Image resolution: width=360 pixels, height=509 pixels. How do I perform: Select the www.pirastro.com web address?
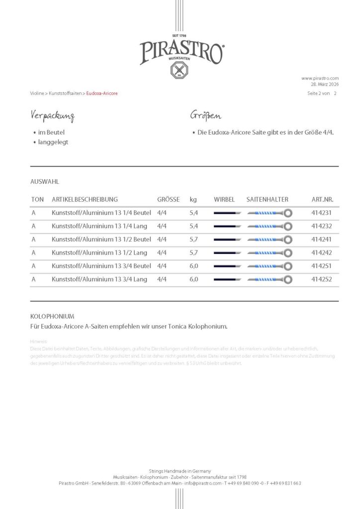[320, 78]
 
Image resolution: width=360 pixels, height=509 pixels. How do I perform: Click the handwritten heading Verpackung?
[52, 117]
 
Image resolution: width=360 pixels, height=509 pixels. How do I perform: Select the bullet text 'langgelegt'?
[53, 142]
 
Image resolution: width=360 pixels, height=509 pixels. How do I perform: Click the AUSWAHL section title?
[45, 182]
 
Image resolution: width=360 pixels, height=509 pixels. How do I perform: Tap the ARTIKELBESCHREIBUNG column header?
[85, 199]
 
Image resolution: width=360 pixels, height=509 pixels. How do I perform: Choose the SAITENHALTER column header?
[267, 199]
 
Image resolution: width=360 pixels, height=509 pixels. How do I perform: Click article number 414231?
[321, 213]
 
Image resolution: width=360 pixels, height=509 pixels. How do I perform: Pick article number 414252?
[321, 279]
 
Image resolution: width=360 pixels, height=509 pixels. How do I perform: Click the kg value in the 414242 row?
[194, 253]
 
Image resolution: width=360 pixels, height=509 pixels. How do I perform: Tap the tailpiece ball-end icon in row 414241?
[287, 240]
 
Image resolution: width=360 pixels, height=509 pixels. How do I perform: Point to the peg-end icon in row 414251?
[227, 266]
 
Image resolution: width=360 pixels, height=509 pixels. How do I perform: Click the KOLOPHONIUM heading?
[52, 316]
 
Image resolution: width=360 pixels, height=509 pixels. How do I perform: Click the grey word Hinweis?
[38, 342]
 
